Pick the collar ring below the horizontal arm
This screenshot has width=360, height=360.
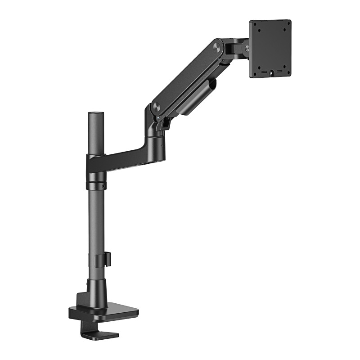point(95,185)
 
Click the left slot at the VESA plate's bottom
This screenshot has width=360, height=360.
point(263,71)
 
